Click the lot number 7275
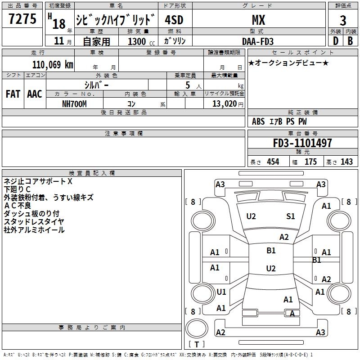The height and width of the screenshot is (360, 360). pyautogui.click(x=22, y=18)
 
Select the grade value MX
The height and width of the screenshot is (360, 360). pyautogui.click(x=258, y=20)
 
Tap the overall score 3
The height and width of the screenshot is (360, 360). pyautogui.click(x=343, y=20)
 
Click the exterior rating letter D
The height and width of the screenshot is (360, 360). pyautogui.click(x=336, y=41)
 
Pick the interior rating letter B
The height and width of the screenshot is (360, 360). pyautogui.click(x=350, y=41)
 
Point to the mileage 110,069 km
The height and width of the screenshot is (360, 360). pyautogui.click(x=53, y=64)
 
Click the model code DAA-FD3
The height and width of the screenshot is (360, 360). pyautogui.click(x=258, y=41)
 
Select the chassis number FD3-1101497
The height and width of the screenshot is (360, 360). pyautogui.click(x=302, y=143)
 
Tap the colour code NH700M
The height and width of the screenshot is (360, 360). pyautogui.click(x=74, y=104)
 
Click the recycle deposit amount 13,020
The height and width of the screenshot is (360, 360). pyautogui.click(x=224, y=103)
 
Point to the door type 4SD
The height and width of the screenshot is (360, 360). pyautogui.click(x=174, y=20)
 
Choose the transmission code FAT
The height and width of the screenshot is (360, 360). pyautogui.click(x=13, y=94)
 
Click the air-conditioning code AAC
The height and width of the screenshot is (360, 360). pyautogui.click(x=35, y=94)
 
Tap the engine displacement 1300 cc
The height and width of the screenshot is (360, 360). pyautogui.click(x=141, y=41)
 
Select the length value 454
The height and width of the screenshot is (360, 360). pyautogui.click(x=273, y=162)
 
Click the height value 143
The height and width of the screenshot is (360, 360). pyautogui.click(x=346, y=162)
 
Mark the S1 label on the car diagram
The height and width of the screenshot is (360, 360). pyautogui.click(x=290, y=216)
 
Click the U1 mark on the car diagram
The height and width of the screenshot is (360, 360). pyautogui.click(x=221, y=292)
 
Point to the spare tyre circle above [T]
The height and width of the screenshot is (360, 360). pyautogui.click(x=197, y=328)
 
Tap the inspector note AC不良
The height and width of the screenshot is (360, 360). pyautogui.click(x=17, y=205)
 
